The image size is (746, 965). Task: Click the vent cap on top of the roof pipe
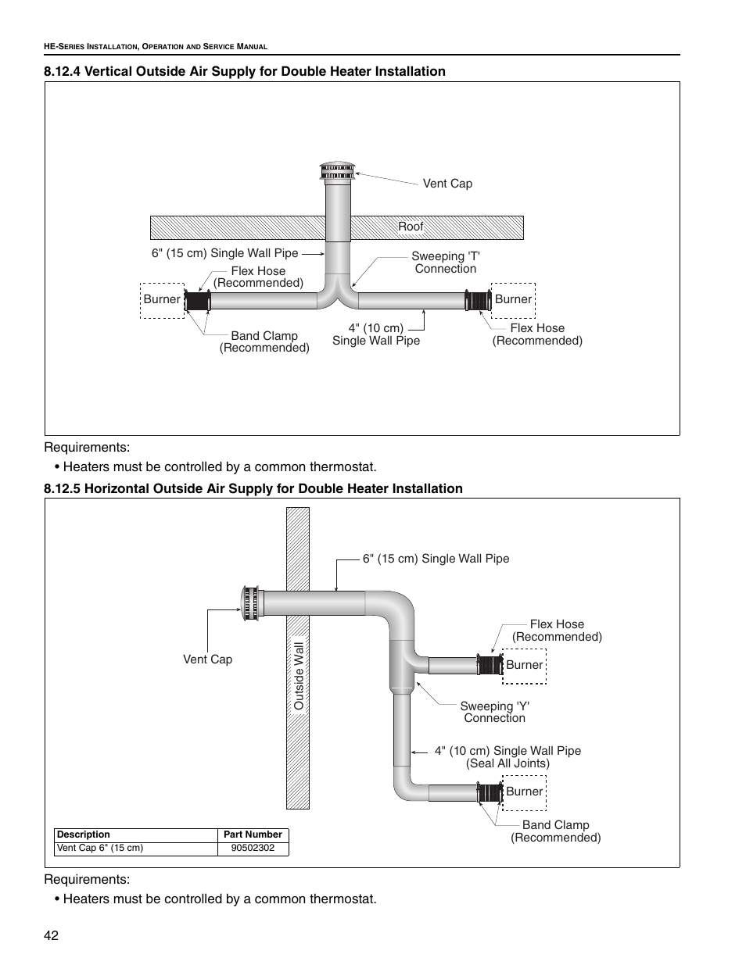click(338, 171)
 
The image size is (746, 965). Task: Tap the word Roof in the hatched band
click(411, 227)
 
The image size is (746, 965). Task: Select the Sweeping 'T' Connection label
click(446, 263)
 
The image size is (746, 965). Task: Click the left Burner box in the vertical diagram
click(162, 299)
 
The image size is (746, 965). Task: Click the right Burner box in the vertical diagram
click(514, 299)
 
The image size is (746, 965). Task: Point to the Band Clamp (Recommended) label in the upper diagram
click(264, 341)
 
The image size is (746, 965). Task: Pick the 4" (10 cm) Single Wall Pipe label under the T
click(376, 334)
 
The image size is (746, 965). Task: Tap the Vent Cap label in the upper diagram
click(447, 184)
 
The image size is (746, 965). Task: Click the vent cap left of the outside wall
click(252, 603)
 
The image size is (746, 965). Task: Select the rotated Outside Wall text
click(298, 676)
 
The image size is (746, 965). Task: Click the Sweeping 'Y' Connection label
click(495, 712)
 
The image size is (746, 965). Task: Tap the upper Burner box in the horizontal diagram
click(524, 665)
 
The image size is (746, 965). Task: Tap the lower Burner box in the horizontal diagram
click(524, 792)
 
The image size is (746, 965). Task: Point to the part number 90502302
click(253, 848)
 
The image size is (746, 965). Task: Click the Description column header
click(84, 835)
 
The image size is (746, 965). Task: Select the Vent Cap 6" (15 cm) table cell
click(100, 848)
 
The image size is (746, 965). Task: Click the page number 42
click(52, 937)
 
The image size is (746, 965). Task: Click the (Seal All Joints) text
click(508, 763)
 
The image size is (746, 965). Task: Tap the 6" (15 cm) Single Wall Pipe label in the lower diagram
click(436, 559)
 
